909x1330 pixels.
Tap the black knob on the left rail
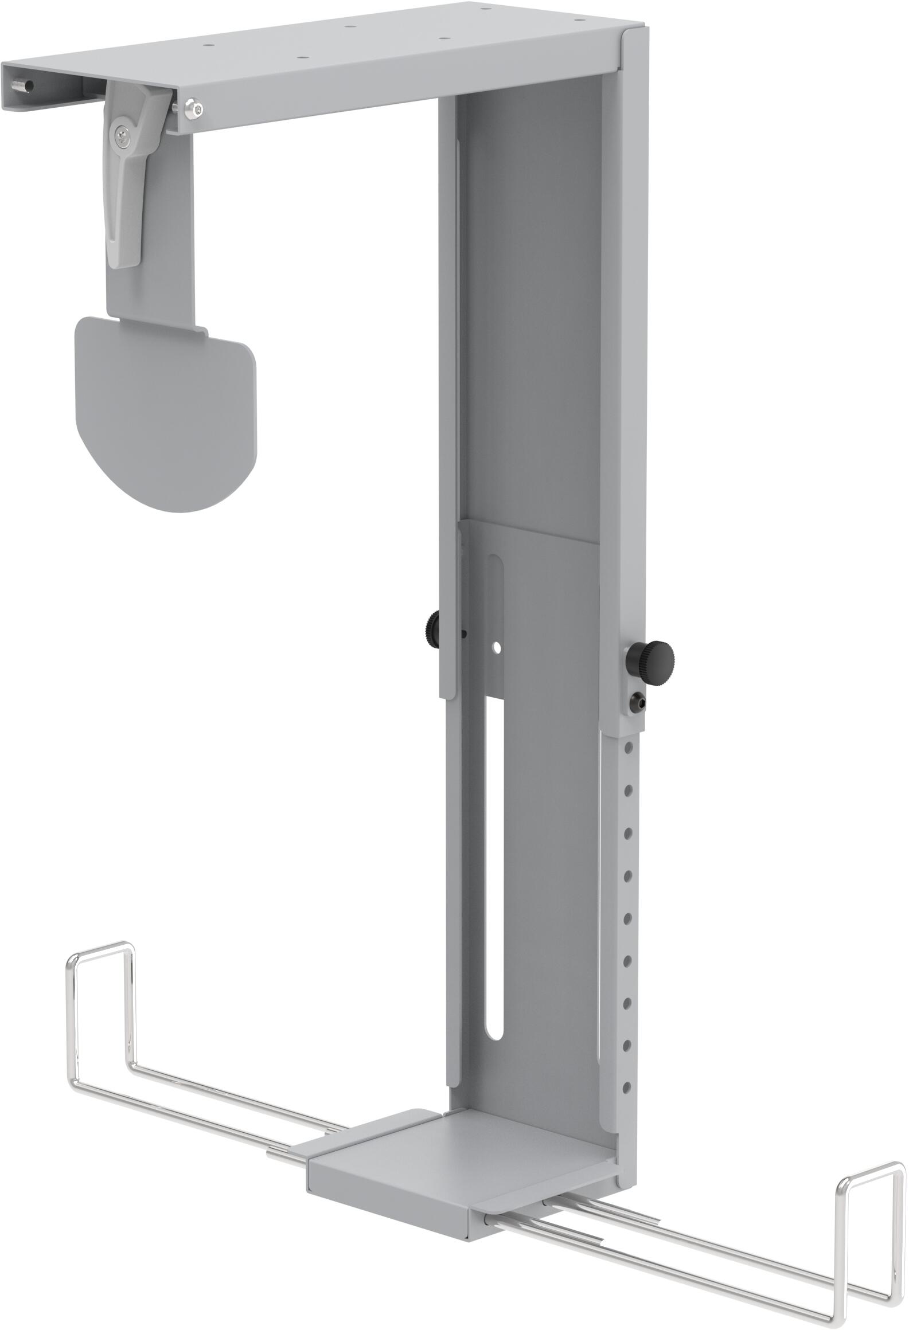pos(432,623)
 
